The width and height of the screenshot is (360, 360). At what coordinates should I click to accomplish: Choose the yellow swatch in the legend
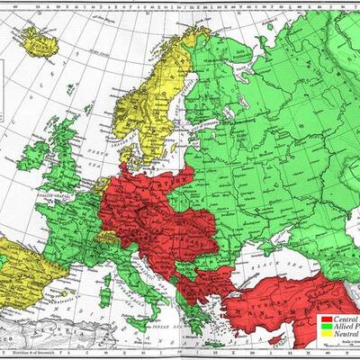tap(326, 336)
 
